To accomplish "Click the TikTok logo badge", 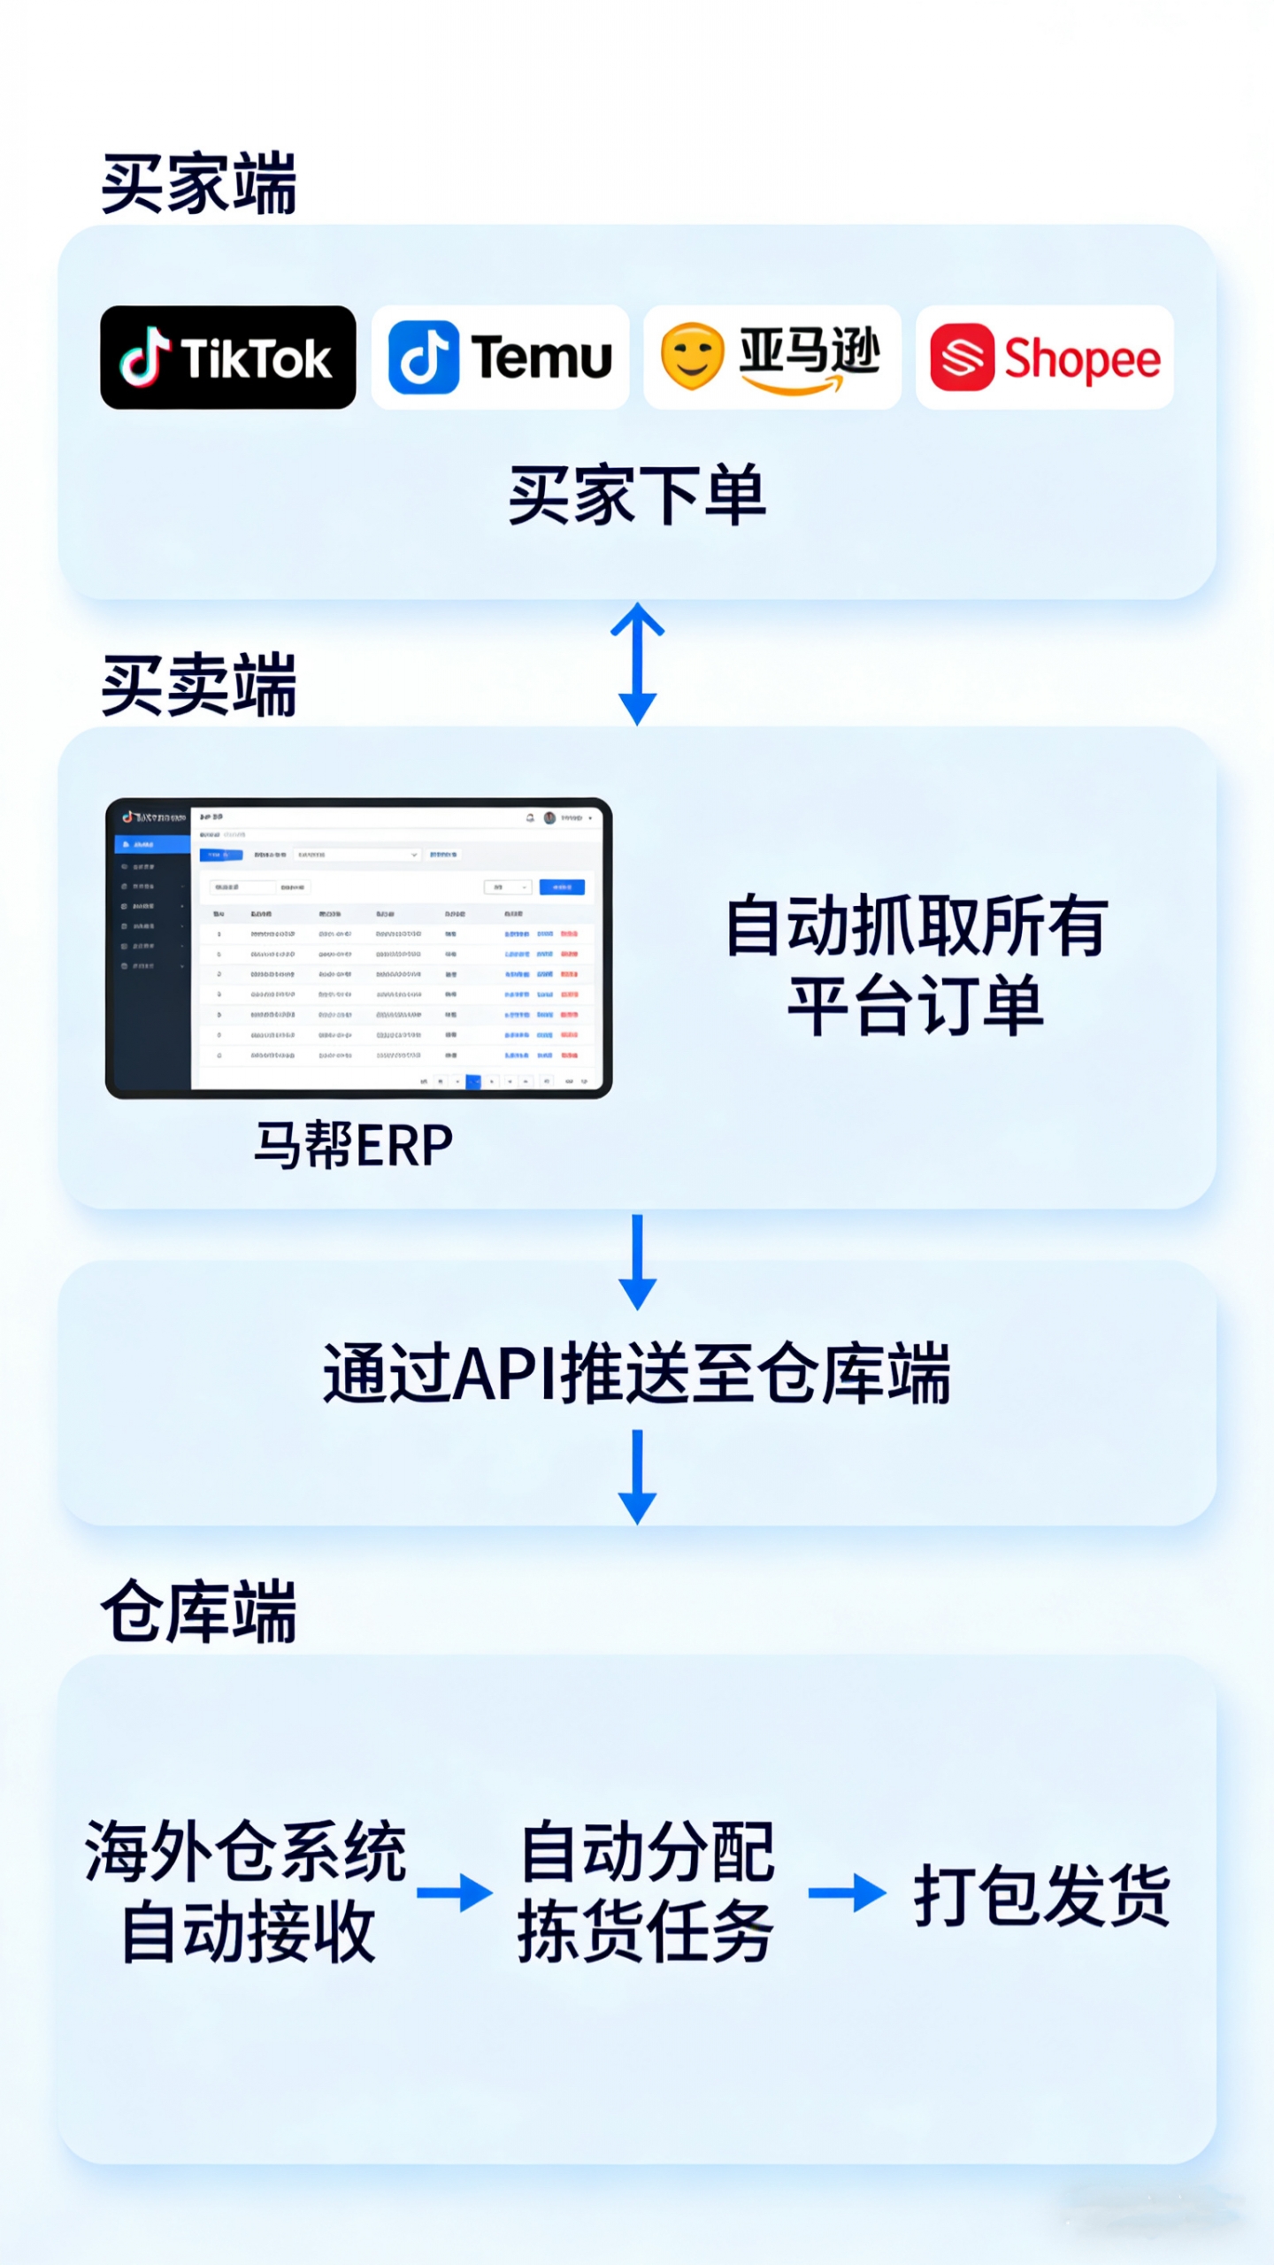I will point(228,357).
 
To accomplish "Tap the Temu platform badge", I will point(500,357).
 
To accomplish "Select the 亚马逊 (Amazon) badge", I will point(771,357).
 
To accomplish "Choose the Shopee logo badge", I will point(1044,357).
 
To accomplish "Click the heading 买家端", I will point(199,184).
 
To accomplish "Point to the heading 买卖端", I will point(199,685).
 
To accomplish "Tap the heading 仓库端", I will point(199,1612).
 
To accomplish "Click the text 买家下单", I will point(637,495).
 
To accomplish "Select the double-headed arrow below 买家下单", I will point(637,664).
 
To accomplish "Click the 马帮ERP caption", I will point(354,1145).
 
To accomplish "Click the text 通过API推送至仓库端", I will point(637,1373).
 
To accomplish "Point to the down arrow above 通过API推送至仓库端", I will point(637,1261).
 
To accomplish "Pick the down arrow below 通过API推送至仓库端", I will point(637,1476).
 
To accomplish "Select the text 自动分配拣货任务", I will point(646,1892).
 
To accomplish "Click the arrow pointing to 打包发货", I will point(847,1893).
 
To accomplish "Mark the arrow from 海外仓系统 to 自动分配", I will point(455,1893).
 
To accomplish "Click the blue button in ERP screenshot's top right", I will point(562,887).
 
